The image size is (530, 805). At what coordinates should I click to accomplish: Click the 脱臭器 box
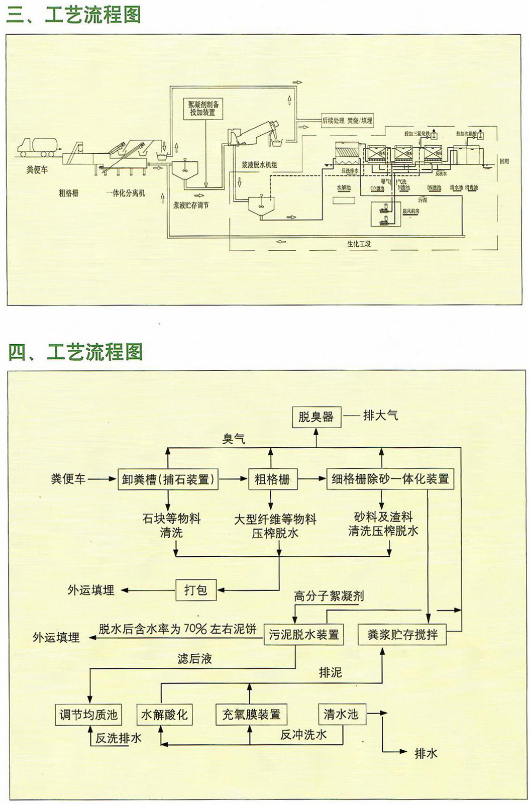point(316,417)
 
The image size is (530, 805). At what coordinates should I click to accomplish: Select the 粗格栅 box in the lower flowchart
point(272,479)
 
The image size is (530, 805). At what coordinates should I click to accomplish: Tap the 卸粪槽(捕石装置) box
point(168,479)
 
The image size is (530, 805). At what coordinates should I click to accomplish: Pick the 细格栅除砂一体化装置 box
point(390,479)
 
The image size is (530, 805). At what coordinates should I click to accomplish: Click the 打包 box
point(195,589)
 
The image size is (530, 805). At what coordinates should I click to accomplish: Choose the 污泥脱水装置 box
point(303,635)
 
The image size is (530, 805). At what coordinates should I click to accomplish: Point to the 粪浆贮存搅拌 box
point(402,635)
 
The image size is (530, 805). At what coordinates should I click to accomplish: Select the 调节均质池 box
point(88,714)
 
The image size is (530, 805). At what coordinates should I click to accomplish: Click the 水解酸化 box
point(164,714)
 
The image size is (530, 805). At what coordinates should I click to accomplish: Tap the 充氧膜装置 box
point(251,714)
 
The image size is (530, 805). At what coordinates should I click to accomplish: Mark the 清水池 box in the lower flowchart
point(341,714)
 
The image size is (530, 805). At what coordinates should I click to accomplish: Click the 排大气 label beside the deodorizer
point(380,416)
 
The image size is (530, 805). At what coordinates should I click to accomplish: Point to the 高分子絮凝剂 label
point(329,596)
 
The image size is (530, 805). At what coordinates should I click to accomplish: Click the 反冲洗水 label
point(303,735)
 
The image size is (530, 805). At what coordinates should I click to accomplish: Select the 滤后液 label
point(194,658)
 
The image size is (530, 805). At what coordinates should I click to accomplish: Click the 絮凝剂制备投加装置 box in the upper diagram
point(203,109)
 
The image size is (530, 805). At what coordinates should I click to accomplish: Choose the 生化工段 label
point(359,244)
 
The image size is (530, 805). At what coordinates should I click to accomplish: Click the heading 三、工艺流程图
point(73,15)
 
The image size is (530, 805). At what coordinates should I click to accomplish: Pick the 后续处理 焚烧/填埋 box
point(347,121)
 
